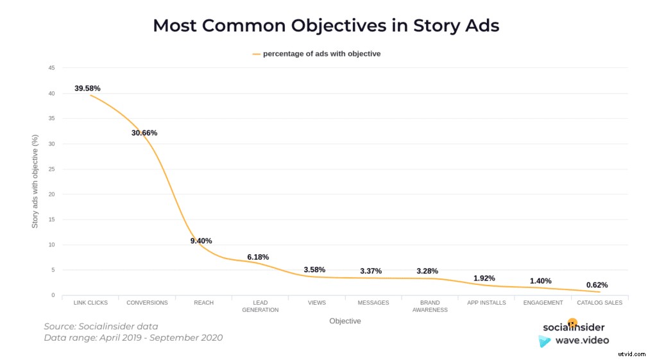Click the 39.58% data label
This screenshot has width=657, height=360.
pos(87,88)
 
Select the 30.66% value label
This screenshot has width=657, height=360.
pos(144,133)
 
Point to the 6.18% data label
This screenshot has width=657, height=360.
pos(258,257)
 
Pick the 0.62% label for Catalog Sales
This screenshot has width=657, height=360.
pos(597,285)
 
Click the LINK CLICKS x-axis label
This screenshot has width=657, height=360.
pos(90,302)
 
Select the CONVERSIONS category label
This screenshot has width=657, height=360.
pos(147,302)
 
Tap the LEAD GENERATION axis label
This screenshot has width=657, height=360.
pos(260,306)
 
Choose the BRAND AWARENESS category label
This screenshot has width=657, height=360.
pos(430,306)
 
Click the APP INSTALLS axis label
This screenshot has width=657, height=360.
pos(486,302)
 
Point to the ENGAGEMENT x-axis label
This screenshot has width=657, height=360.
pos(543,302)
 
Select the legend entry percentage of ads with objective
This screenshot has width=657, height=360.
pos(321,54)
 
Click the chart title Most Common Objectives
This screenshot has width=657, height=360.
pos(326,26)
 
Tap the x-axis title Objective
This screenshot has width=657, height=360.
pos(345,321)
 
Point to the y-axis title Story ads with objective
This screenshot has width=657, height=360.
pos(35,182)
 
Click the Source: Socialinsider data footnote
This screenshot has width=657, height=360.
pos(101,326)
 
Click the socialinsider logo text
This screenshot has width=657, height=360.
pos(573,327)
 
